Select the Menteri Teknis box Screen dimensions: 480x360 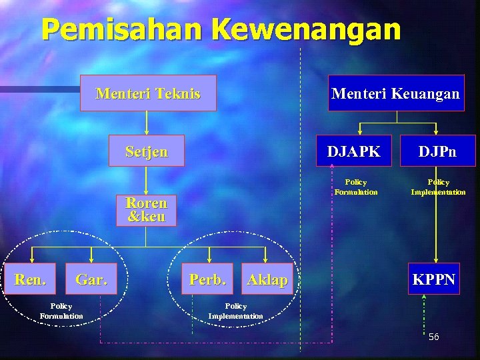coord(147,93)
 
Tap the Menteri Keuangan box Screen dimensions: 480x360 coord(396,93)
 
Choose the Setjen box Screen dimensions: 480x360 coord(147,151)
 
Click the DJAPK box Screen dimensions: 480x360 coord(353,151)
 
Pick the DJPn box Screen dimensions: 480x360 coord(437,151)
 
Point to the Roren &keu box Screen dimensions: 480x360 coord(146,209)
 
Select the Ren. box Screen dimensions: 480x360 coord(31,279)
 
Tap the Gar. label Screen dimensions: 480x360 coord(91,279)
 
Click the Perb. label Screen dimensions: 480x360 coord(207,279)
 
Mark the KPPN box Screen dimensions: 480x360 coord(434,279)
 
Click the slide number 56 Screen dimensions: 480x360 coord(433,337)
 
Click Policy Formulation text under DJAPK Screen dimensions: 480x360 coord(355,187)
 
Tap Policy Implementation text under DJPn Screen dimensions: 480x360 coord(438,187)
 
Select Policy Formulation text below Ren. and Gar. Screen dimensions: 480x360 coord(61,311)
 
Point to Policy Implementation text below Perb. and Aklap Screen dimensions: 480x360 coord(235,311)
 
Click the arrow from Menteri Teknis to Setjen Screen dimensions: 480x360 coord(147,123)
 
